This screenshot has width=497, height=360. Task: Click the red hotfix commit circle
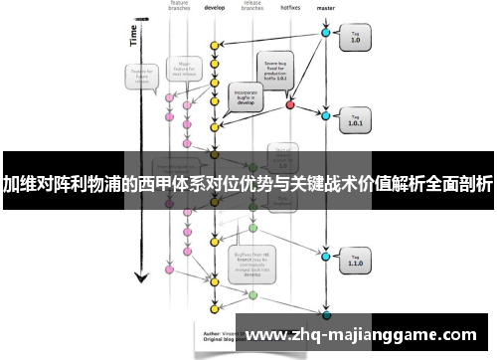[x=290, y=103]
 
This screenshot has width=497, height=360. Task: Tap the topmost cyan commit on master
[x=325, y=33]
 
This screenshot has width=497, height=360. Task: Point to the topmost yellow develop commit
[x=215, y=45]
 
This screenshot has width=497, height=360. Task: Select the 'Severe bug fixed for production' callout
[x=275, y=69]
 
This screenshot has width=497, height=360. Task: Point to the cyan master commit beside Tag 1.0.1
[x=325, y=117]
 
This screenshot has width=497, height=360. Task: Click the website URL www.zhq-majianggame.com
[x=368, y=334]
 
